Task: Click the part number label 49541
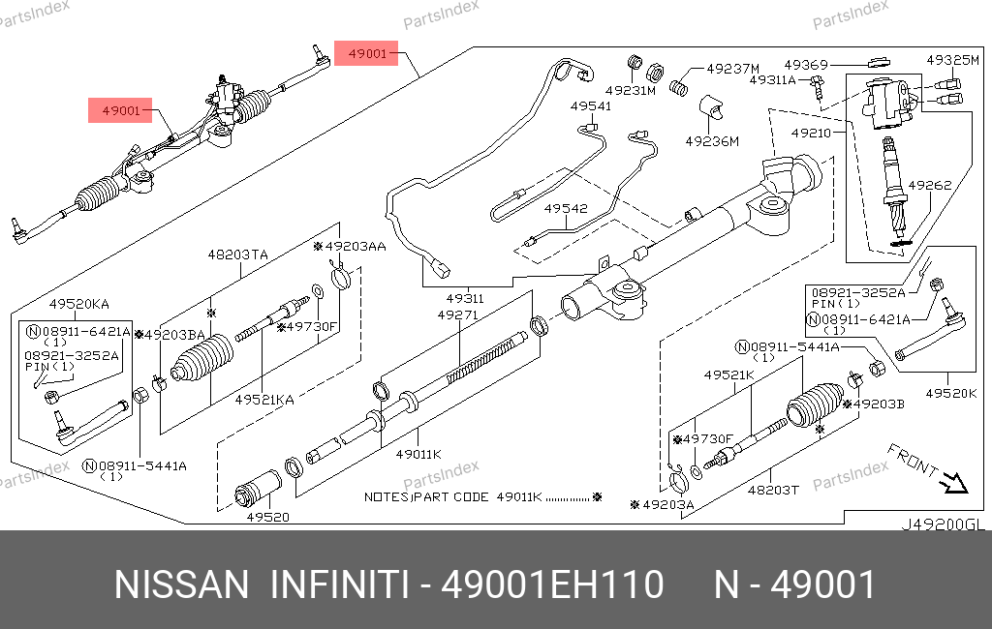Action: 590,106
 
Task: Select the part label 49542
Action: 566,209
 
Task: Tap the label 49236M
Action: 712,141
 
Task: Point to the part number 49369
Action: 805,65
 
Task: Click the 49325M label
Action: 953,60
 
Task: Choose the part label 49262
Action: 929,185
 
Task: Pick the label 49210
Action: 811,134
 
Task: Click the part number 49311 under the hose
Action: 464,298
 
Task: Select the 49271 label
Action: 458,314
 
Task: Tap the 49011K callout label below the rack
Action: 418,454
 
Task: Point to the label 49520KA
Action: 79,304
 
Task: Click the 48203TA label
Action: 238,255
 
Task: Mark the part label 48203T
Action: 773,490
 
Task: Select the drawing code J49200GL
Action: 943,525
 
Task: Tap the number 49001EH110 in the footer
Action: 552,584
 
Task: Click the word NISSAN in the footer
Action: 181,584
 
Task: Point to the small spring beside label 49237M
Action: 679,86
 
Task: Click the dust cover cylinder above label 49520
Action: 258,488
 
